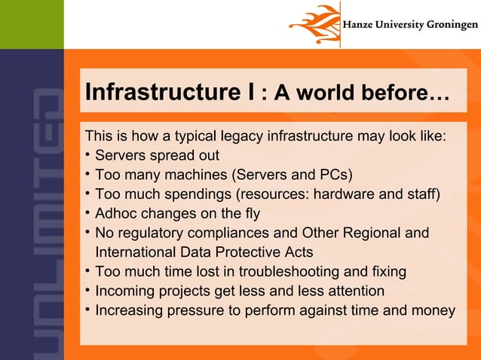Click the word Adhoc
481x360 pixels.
click(118, 214)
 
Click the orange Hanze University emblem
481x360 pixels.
click(312, 24)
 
